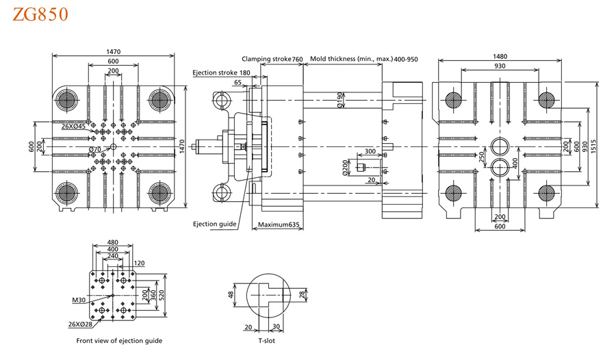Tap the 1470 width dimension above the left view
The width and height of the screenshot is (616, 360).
tap(114, 51)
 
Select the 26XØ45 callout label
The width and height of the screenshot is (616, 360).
tap(73, 127)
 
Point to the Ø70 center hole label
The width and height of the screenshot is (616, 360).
tap(95, 149)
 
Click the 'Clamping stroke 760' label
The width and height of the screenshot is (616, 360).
tap(272, 60)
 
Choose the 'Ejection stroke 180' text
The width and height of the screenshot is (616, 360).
tap(221, 73)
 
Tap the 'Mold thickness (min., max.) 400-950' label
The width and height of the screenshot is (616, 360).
tap(363, 60)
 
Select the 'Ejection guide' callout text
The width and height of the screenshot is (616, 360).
tap(214, 224)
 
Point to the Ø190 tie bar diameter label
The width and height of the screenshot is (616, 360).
tap(340, 100)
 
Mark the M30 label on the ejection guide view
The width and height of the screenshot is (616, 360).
tap(78, 300)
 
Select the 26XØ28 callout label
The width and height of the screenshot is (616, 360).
tap(80, 324)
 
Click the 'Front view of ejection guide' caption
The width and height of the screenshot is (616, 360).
tap(119, 340)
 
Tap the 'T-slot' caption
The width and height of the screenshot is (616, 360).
tap(266, 340)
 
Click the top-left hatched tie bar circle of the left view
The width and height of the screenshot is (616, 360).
tap(68, 101)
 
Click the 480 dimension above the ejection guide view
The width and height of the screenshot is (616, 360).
tap(113, 242)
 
